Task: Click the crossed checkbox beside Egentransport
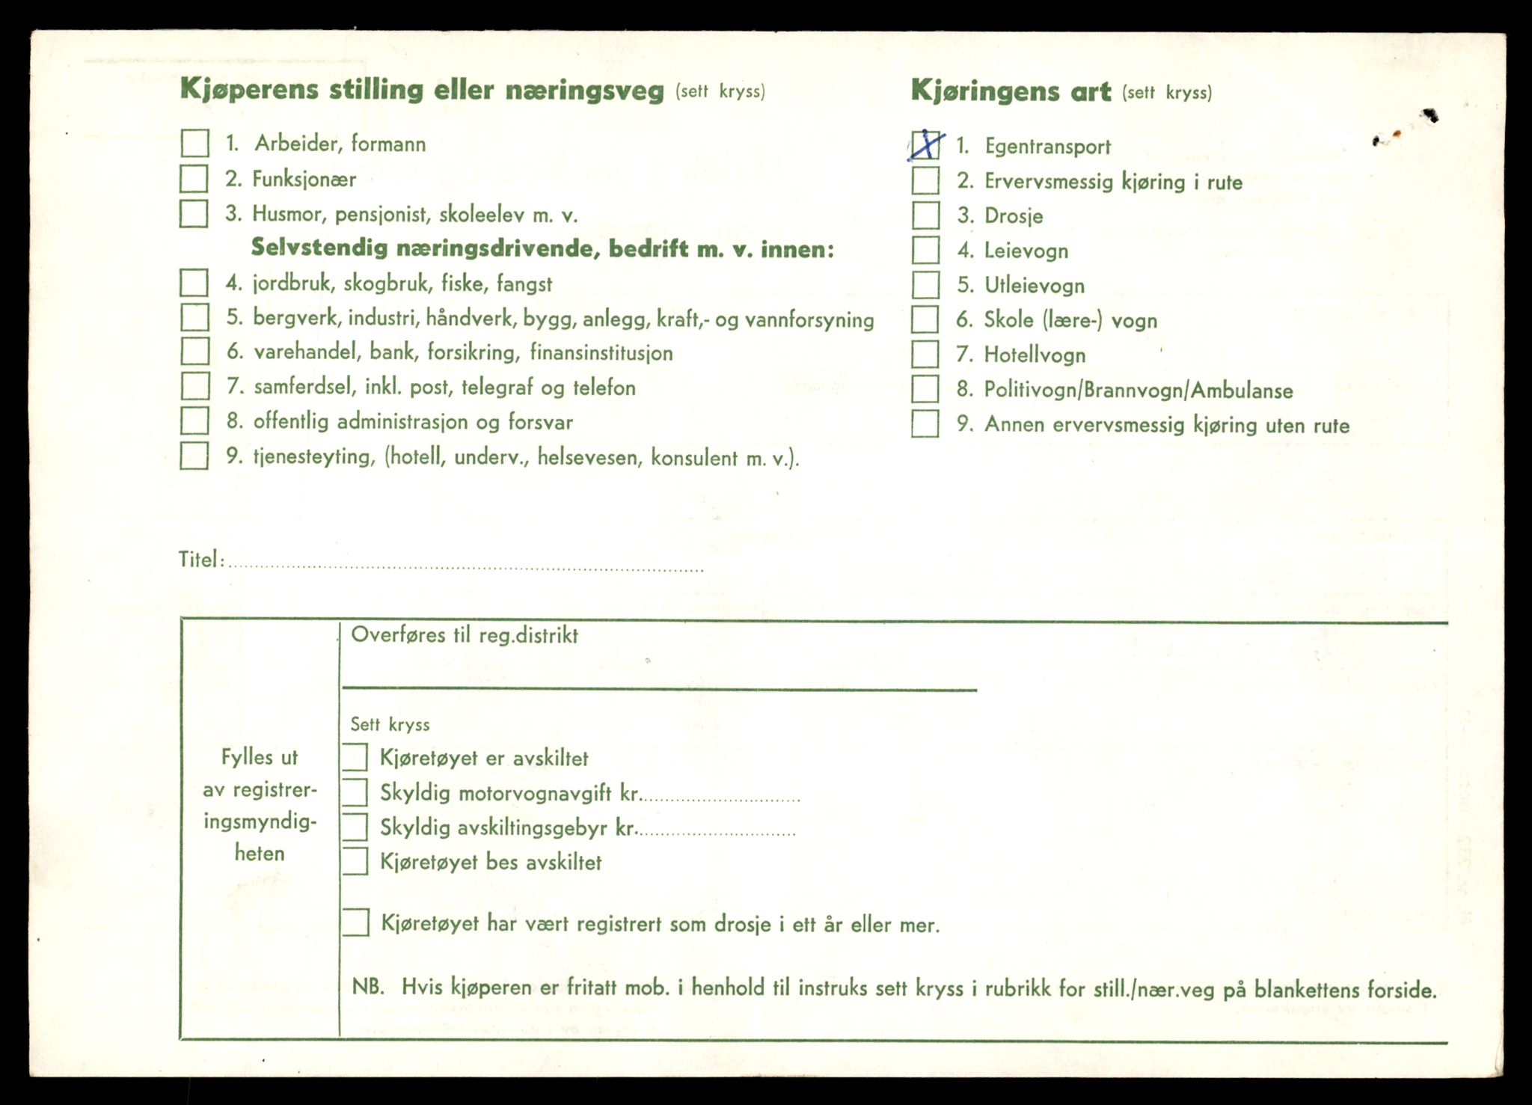click(x=925, y=146)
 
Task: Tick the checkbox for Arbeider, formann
click(x=194, y=143)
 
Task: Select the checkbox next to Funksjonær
click(x=194, y=179)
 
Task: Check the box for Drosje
click(x=925, y=215)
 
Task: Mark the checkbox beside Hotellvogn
click(x=925, y=354)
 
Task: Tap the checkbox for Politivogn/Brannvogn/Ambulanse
click(x=925, y=389)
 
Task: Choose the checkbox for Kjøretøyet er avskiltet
click(x=355, y=757)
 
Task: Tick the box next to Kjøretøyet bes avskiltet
click(x=355, y=861)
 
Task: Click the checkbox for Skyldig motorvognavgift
click(x=355, y=792)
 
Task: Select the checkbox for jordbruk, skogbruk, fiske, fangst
click(x=194, y=283)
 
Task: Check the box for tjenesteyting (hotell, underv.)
click(x=194, y=456)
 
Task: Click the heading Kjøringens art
click(x=1011, y=91)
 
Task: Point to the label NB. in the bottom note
click(x=368, y=988)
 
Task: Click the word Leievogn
click(x=1026, y=251)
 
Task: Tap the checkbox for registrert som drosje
click(x=355, y=922)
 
